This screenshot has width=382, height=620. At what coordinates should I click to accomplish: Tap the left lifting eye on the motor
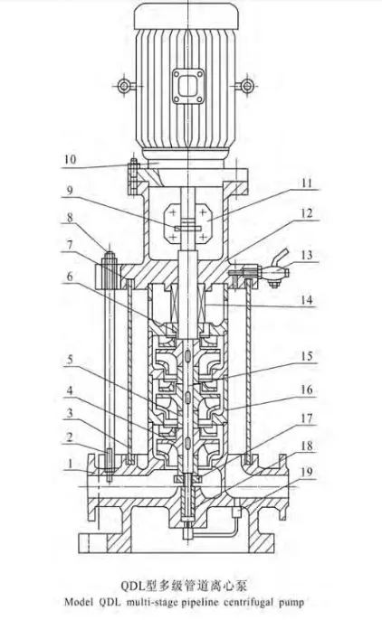(123, 87)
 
